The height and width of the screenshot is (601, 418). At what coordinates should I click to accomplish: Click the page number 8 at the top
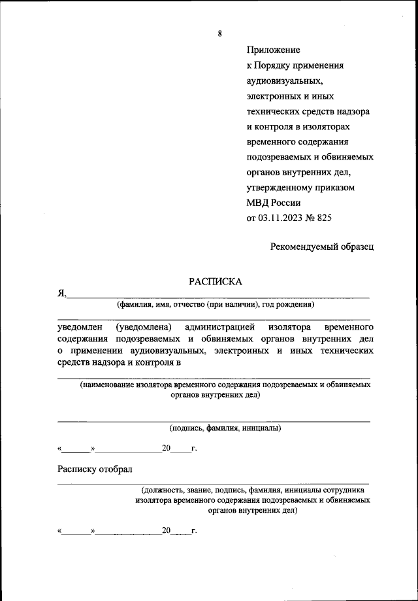tap(220, 33)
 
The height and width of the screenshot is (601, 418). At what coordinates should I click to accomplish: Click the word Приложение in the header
tap(273, 50)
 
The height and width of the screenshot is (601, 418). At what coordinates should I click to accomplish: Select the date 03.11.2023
tap(283, 217)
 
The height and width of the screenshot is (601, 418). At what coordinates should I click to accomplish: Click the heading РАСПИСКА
tap(216, 282)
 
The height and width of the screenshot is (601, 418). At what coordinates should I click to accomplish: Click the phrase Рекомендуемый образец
tap(323, 247)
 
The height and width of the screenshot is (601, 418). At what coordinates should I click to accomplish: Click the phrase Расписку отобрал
tap(95, 469)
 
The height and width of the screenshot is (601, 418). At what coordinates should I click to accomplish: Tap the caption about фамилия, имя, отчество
tap(216, 304)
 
